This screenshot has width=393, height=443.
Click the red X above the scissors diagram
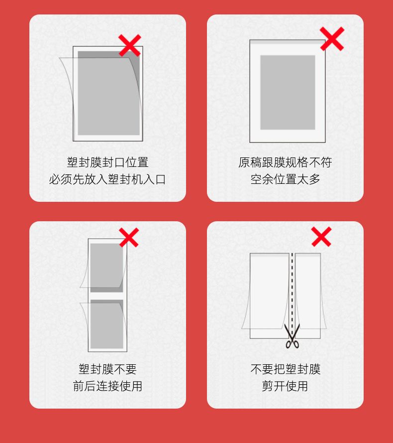click(321, 237)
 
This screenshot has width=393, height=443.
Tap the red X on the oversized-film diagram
click(332, 39)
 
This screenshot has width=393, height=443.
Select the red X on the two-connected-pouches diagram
click(129, 237)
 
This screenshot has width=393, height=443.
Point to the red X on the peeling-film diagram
click(130, 45)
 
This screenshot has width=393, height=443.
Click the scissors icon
click(292, 336)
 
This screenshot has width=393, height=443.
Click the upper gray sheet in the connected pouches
click(106, 268)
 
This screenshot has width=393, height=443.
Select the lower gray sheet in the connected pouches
click(106, 324)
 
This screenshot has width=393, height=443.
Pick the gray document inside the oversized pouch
click(288, 92)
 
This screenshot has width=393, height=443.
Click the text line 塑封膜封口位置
click(107, 162)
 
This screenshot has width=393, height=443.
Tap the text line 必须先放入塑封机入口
click(107, 179)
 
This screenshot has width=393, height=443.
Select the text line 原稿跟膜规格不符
click(285, 162)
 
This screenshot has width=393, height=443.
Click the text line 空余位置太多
click(285, 179)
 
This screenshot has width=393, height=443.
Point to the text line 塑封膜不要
click(107, 369)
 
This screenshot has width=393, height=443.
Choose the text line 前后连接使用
click(107, 386)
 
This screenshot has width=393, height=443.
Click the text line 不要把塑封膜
click(285, 369)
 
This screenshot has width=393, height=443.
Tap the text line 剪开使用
click(285, 386)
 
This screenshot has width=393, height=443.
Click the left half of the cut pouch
click(269, 295)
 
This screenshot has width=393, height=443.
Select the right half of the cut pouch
click(308, 295)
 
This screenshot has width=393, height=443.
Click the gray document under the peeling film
click(108, 93)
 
